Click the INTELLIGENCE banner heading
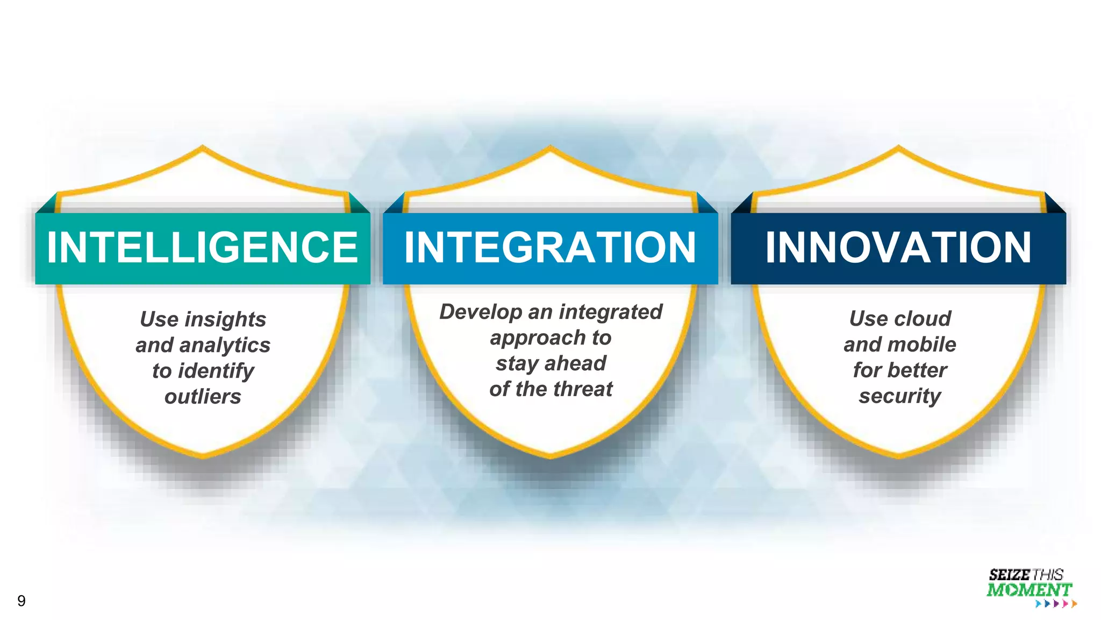(202, 248)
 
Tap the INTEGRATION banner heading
(550, 248)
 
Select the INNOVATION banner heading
(898, 248)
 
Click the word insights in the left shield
(225, 320)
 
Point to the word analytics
(232, 346)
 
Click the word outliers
(203, 397)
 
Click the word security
(899, 396)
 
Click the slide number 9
(22, 601)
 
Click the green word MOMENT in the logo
(1029, 590)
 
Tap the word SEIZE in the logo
(1009, 575)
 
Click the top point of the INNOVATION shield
(898, 146)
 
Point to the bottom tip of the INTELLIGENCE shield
(203, 457)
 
